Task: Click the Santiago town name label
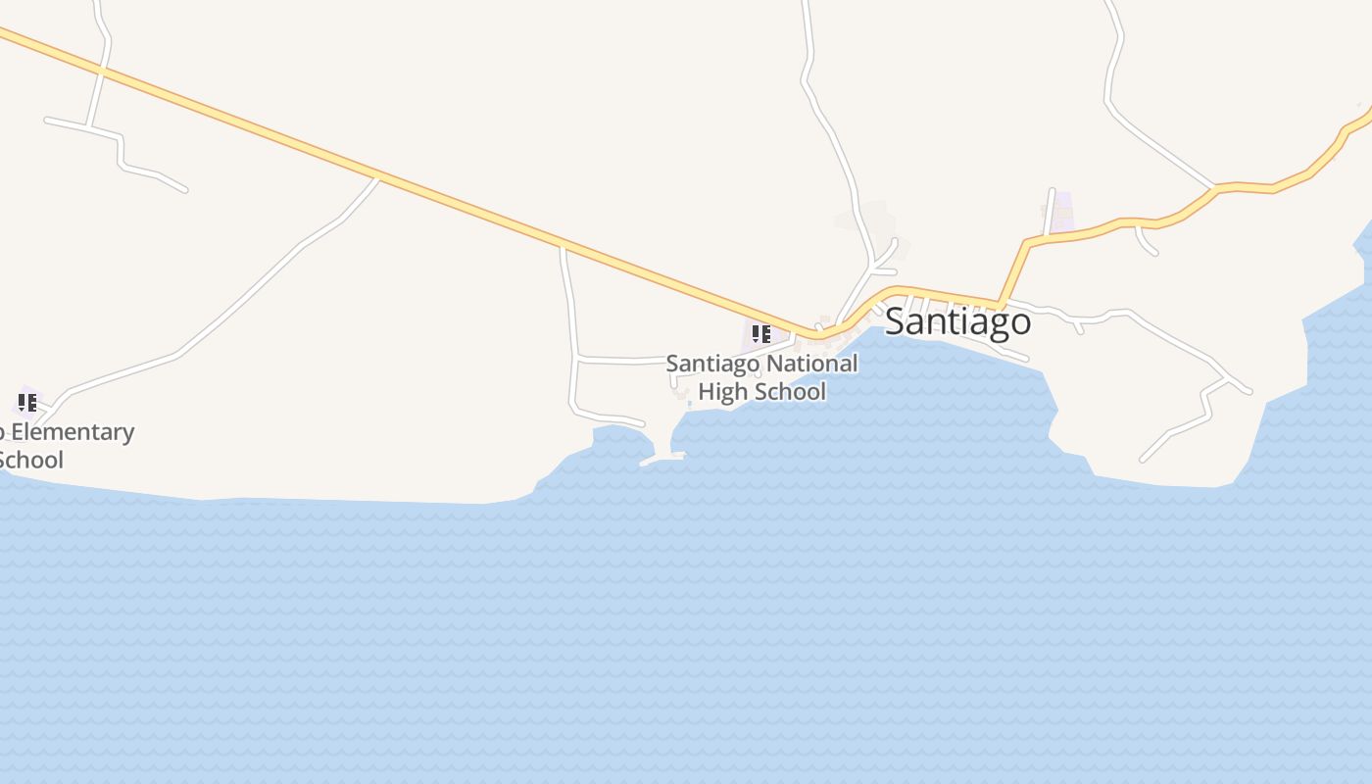pyautogui.click(x=957, y=321)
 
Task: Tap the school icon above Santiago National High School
pyautogui.click(x=760, y=334)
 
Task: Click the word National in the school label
pyautogui.click(x=811, y=364)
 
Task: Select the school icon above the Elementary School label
pyautogui.click(x=26, y=402)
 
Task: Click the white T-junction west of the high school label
pyautogui.click(x=576, y=360)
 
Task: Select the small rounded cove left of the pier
pyautogui.click(x=617, y=436)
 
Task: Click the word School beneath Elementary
pyautogui.click(x=31, y=460)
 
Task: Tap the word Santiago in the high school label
pyautogui.click(x=712, y=364)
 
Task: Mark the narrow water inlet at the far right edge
pyautogui.click(x=1365, y=245)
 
